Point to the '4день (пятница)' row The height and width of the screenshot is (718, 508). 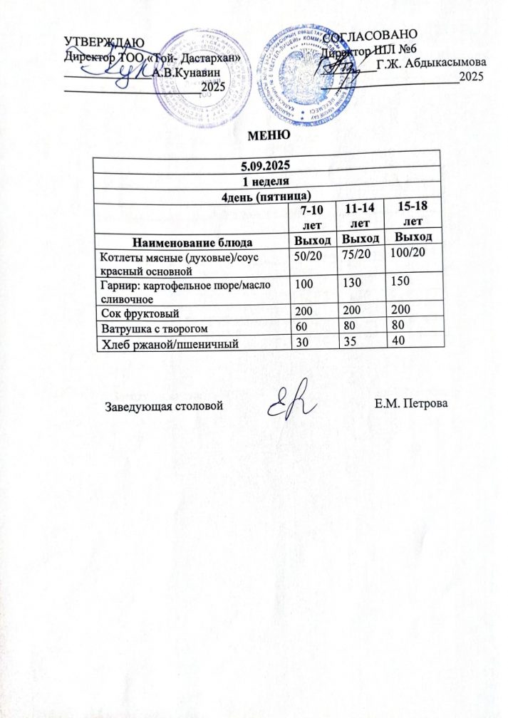click(x=266, y=194)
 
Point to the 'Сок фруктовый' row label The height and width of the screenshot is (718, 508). click(x=139, y=313)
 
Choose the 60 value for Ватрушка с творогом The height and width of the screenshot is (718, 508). click(x=304, y=329)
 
